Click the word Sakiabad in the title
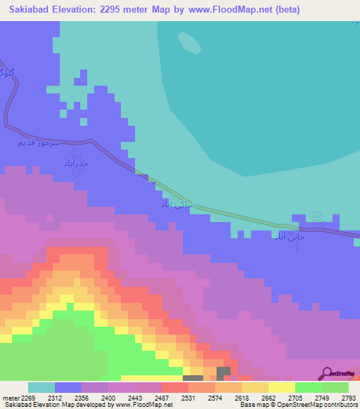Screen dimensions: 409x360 [31, 10]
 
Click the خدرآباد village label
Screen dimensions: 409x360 [75, 163]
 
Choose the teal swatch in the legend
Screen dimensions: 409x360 [41, 387]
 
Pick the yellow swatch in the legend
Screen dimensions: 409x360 [281, 387]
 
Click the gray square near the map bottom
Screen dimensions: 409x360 [224, 372]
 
